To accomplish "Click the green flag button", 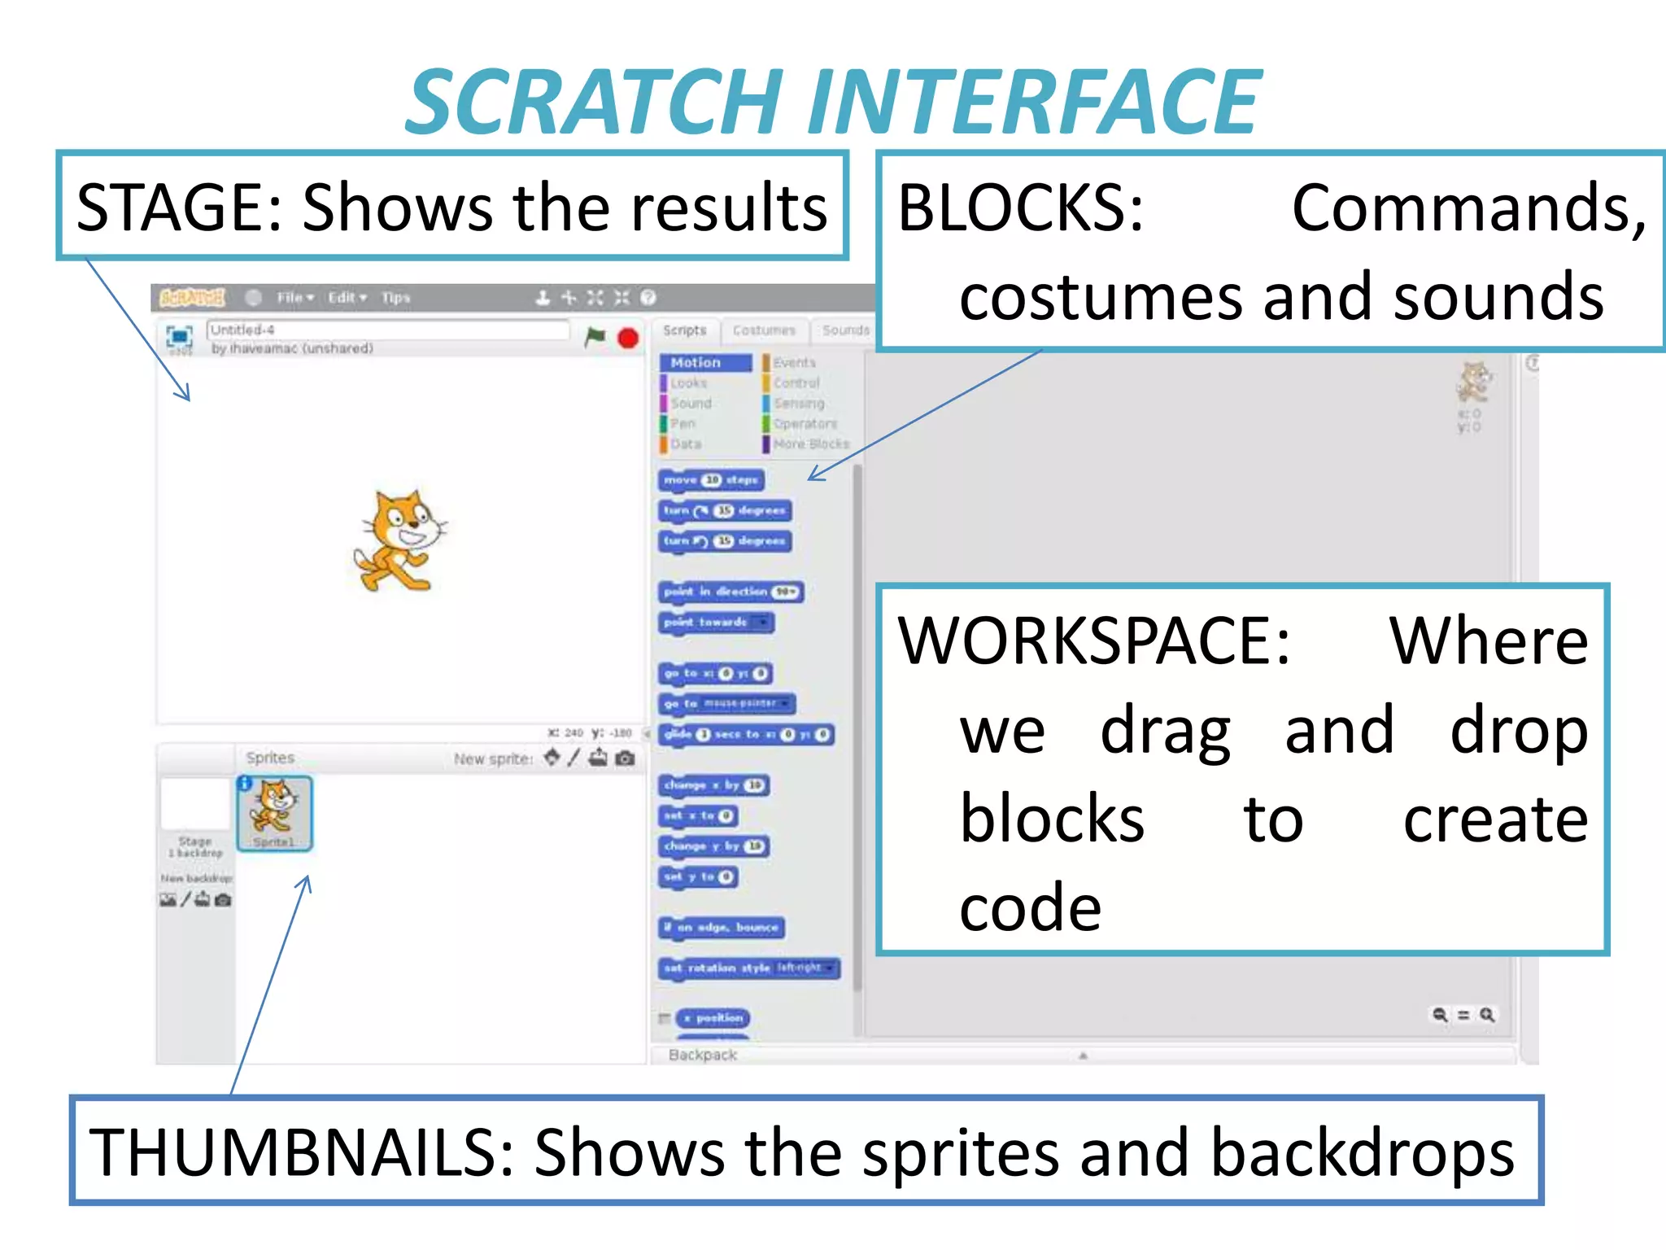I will (595, 336).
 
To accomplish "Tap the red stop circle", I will (628, 338).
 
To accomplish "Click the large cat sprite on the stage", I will (399, 541).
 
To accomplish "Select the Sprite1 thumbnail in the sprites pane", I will (274, 813).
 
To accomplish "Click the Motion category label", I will (696, 362).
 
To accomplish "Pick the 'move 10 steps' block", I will (711, 480).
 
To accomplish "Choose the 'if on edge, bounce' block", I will (721, 927).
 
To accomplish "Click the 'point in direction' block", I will (730, 592).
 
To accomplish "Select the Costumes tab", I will (764, 330).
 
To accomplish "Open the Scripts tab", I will (684, 330).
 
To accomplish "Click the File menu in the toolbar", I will (294, 298).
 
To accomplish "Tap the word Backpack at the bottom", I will (702, 1055).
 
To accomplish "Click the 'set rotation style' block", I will (748, 968).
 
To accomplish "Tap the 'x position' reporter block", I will (713, 1018).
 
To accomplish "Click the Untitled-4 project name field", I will (387, 330).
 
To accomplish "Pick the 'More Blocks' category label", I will (810, 444).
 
